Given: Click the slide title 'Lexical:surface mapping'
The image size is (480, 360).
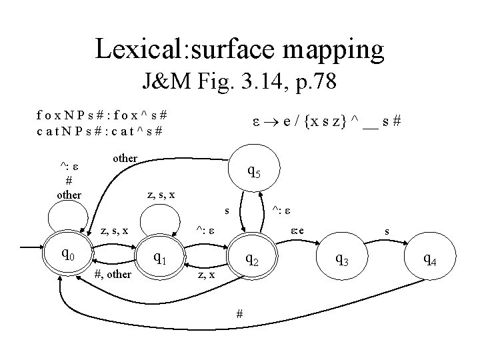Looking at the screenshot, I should [x=239, y=49].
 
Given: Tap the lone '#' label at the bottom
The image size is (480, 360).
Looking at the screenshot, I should [x=240, y=314].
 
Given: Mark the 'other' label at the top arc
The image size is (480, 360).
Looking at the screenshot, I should [x=125, y=158].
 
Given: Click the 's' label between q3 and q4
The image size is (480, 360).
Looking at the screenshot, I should [x=386, y=231].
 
